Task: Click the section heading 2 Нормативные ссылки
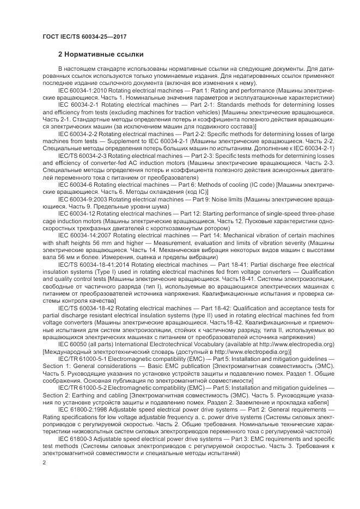(101, 54)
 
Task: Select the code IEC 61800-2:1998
(82, 408)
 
